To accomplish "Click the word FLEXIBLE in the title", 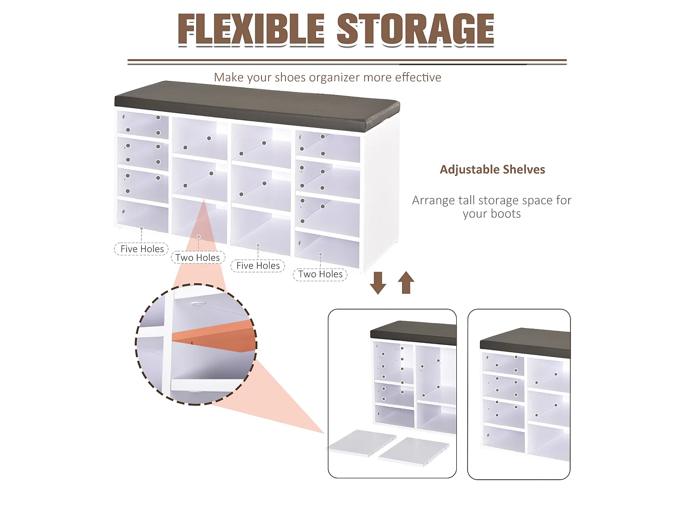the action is click(x=251, y=29).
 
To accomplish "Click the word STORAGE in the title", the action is click(x=415, y=29).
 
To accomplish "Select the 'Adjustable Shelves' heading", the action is click(x=492, y=170).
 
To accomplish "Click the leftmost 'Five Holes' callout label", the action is click(x=142, y=249).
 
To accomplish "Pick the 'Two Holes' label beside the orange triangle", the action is click(x=198, y=258).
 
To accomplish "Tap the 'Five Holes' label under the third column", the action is click(x=258, y=266).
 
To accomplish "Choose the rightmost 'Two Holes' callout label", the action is click(x=320, y=274).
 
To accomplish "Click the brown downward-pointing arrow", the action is click(x=378, y=283).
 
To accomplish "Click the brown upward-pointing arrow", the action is click(x=406, y=282).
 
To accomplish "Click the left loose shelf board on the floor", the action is click(x=362, y=443).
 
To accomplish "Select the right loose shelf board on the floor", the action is click(x=414, y=451).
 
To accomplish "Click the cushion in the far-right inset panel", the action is click(x=525, y=342).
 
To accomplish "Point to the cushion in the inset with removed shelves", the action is click(x=413, y=333).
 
